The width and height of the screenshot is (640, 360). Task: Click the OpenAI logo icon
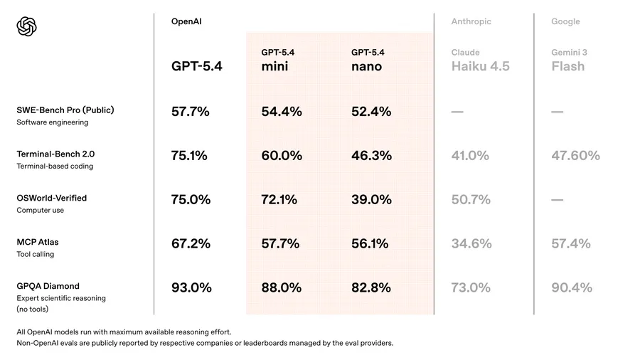pyautogui.click(x=26, y=27)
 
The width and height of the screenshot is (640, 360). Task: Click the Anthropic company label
pyautogui.click(x=470, y=22)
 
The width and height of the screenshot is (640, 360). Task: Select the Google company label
pyautogui.click(x=565, y=22)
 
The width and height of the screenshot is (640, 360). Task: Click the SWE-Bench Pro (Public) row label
pyautogui.click(x=65, y=110)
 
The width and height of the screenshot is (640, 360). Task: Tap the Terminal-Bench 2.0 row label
pyautogui.click(x=55, y=154)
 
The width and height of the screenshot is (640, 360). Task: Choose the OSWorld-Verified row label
pyautogui.click(x=52, y=198)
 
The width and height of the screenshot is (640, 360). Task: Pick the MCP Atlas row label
pyautogui.click(x=38, y=242)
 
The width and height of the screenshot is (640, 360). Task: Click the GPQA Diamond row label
pyautogui.click(x=48, y=286)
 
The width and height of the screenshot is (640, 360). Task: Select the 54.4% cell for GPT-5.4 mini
pyautogui.click(x=282, y=112)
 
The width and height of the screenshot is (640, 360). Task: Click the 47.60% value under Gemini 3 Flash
pyautogui.click(x=575, y=156)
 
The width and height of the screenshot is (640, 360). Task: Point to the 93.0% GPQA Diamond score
pyautogui.click(x=191, y=288)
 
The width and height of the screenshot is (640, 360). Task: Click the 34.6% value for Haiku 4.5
pyautogui.click(x=471, y=244)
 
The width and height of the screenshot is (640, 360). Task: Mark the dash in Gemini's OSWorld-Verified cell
pyautogui.click(x=558, y=200)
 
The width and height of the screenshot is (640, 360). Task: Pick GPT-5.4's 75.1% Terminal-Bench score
pyautogui.click(x=189, y=156)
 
